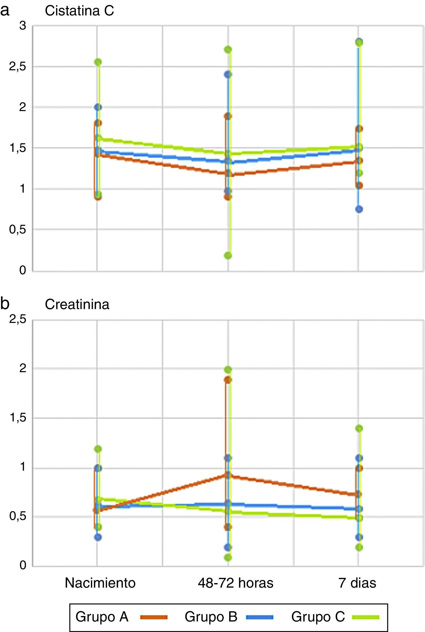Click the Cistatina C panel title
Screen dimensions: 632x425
(x=79, y=11)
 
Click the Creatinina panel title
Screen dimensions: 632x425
(x=77, y=304)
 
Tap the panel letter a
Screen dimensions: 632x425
(x=5, y=11)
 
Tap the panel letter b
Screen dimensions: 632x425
(x=5, y=303)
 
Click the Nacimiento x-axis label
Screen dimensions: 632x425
(x=100, y=583)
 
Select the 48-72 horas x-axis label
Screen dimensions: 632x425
(x=236, y=583)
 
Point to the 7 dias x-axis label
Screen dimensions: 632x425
(x=357, y=583)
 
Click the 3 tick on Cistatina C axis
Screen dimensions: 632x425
(x=23, y=26)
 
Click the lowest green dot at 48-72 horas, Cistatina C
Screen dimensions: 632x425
(x=228, y=255)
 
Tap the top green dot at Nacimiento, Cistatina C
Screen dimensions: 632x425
(x=98, y=62)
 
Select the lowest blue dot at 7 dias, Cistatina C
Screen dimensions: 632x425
(x=359, y=209)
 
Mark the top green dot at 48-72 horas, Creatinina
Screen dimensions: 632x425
(x=228, y=369)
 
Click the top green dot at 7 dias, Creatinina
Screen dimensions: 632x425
(x=359, y=429)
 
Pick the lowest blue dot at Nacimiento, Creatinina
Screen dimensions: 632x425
(x=98, y=537)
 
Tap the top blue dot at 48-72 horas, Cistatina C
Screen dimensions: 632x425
(x=228, y=74)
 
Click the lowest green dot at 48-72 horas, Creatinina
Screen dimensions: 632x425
(x=228, y=558)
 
